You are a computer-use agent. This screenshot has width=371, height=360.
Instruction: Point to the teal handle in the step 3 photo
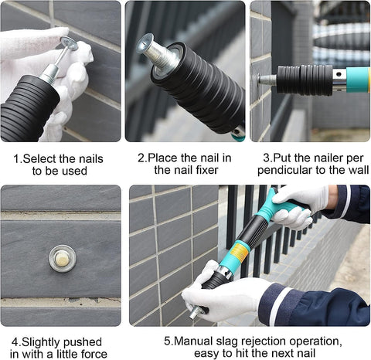(x=358, y=80)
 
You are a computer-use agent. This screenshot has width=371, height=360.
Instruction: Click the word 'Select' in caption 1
(x=39, y=158)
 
